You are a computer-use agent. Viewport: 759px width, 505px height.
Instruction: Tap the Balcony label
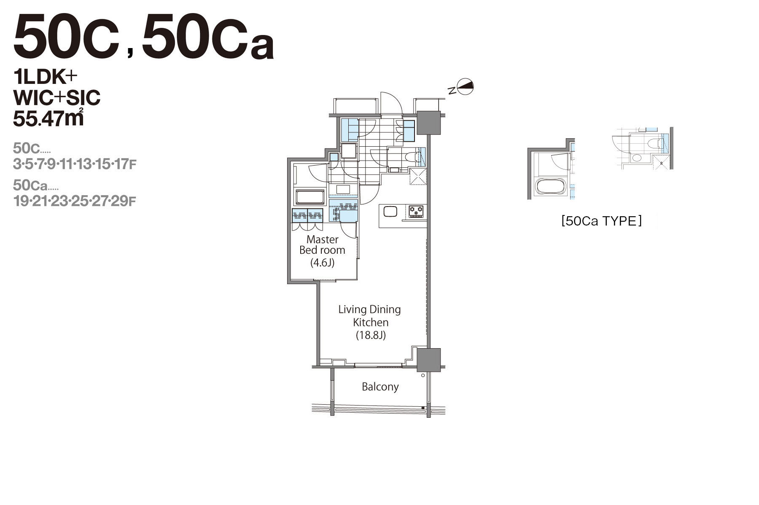pos(380,387)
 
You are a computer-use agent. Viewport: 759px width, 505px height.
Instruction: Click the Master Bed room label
pos(323,245)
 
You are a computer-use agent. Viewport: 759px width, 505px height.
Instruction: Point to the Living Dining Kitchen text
pos(370,316)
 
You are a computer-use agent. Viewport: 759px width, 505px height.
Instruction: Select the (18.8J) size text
pos(371,336)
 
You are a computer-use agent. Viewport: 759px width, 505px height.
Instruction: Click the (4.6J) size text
pos(323,263)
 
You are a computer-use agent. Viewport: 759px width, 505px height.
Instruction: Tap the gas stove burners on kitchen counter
pos(416,211)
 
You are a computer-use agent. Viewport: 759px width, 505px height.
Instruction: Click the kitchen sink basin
pos(390,211)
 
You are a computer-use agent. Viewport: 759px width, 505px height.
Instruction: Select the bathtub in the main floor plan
pos(310,197)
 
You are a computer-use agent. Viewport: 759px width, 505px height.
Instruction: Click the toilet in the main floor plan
pos(412,157)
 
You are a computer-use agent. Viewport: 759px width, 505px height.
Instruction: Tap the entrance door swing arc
pos(391,102)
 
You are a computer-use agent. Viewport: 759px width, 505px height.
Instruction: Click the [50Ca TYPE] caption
pos(601,221)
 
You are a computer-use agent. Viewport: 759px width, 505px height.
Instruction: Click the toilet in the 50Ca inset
pos(654,143)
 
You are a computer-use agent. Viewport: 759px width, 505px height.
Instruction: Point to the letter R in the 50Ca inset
pos(661,163)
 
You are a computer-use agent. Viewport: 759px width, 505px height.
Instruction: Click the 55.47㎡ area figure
pos(48,118)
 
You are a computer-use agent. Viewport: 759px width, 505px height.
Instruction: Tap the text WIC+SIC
pos(57,98)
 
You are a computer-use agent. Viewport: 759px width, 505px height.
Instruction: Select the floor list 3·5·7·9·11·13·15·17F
pos(75,164)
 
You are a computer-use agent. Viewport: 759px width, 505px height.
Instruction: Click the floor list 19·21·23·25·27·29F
pos(75,201)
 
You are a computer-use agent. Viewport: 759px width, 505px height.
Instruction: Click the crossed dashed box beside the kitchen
pos(418,176)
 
